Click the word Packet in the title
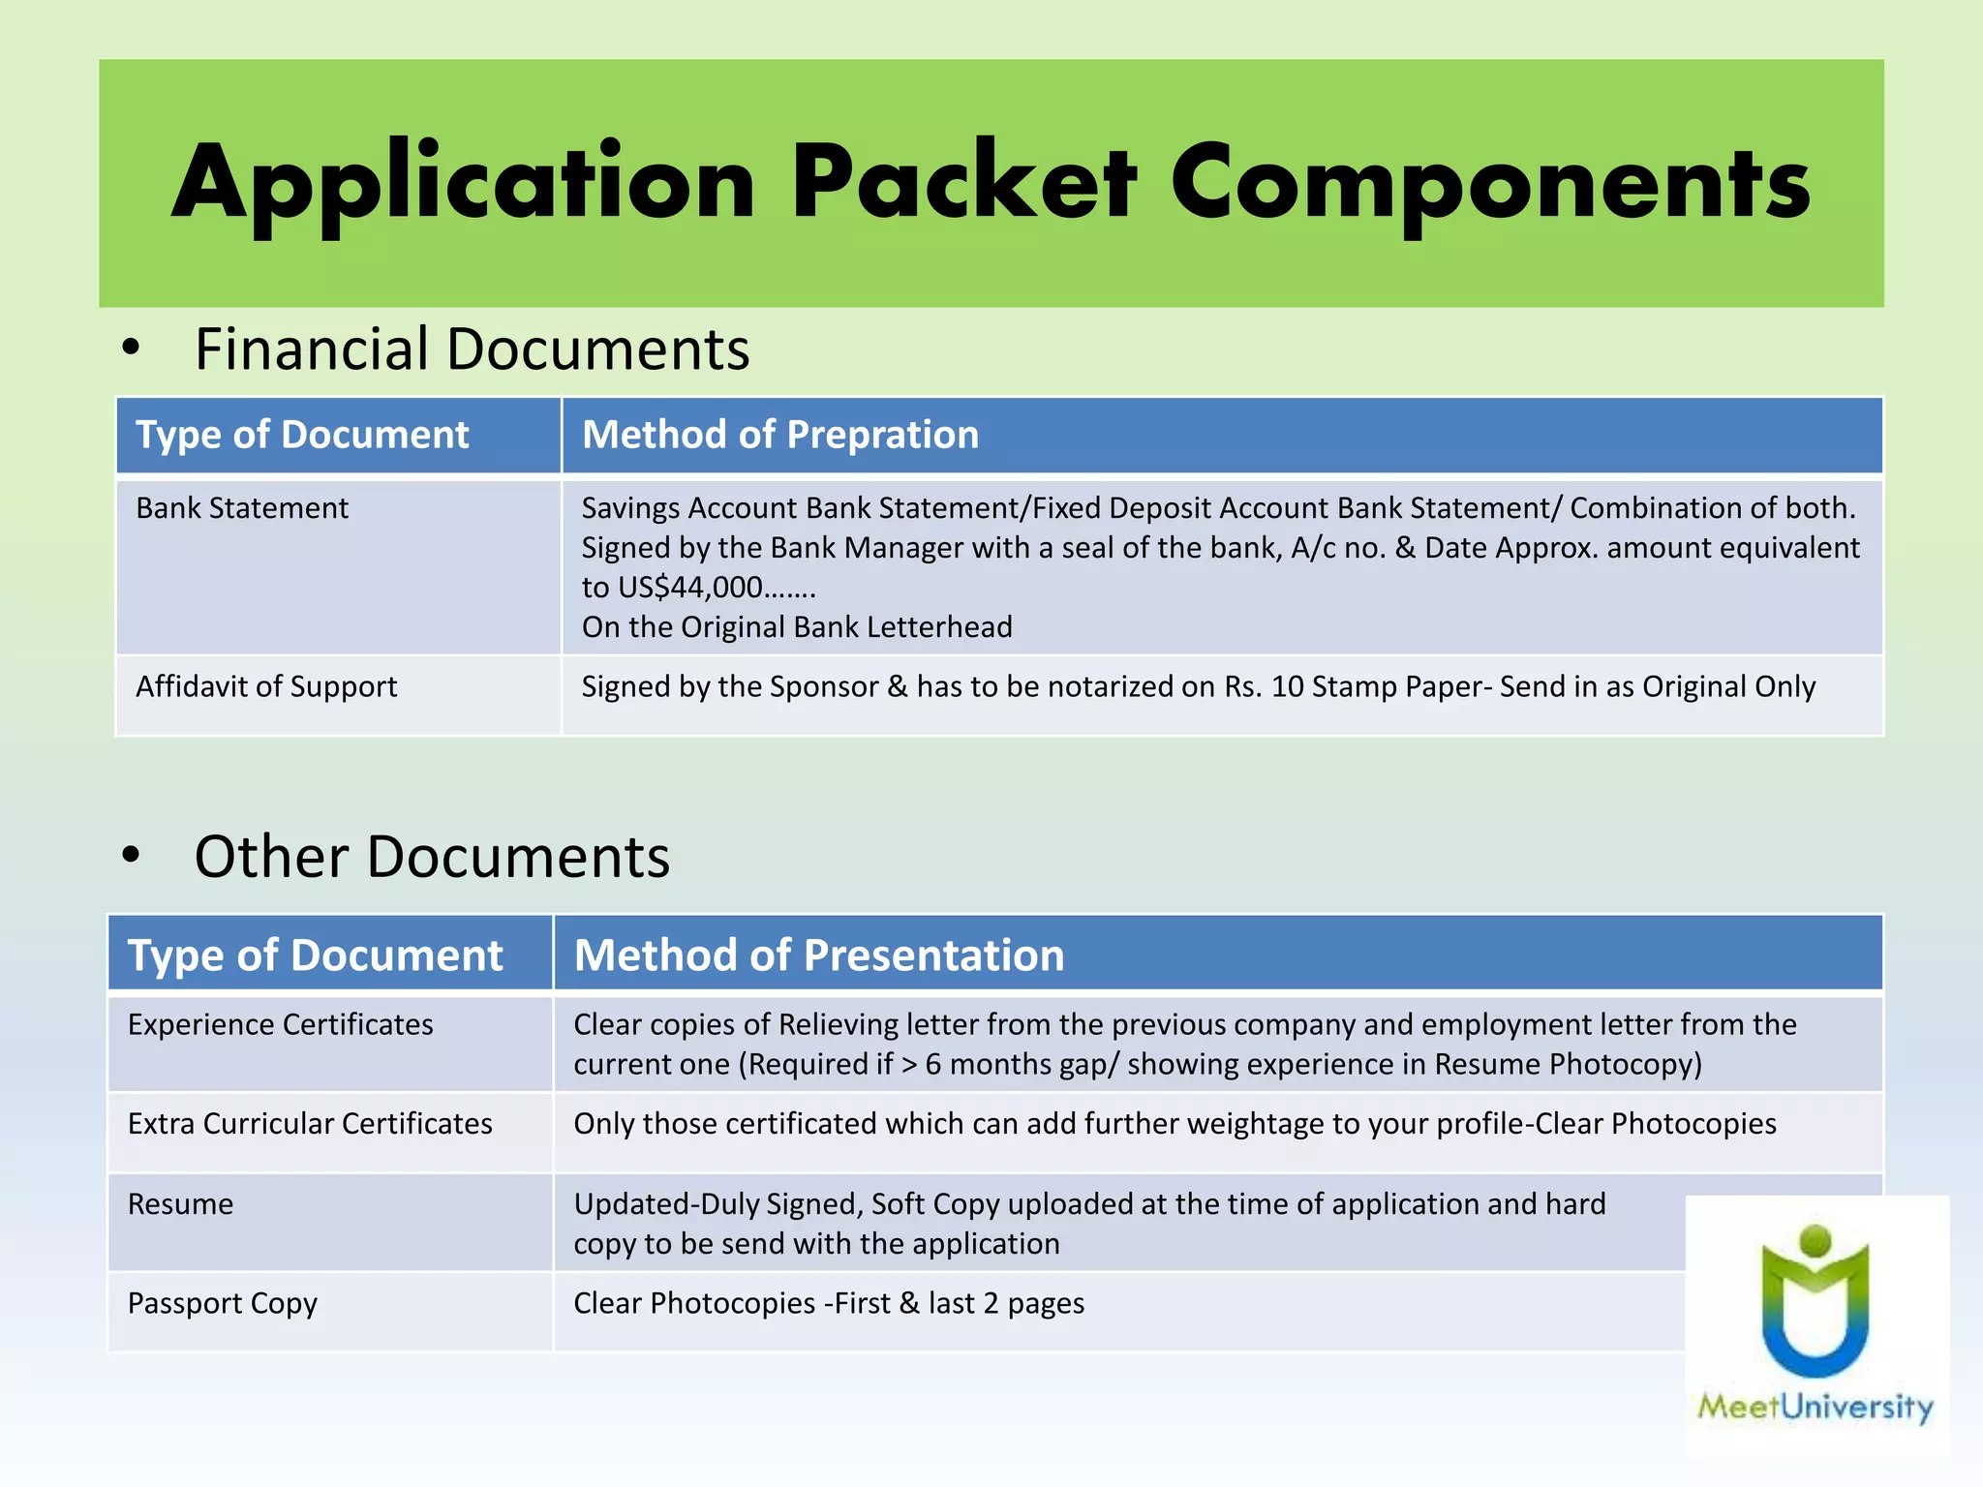[x=963, y=182]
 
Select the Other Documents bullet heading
[x=432, y=857]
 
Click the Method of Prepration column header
[x=780, y=435]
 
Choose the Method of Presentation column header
[x=819, y=956]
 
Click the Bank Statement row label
[x=242, y=508]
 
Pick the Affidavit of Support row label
[x=266, y=686]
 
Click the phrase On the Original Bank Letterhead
[x=797, y=627]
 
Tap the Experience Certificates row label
[x=281, y=1024]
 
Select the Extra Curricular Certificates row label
[x=310, y=1123]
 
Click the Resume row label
[x=181, y=1204]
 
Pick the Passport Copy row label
[x=223, y=1303]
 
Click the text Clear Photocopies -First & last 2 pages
[x=829, y=1303]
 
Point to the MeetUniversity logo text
[x=1815, y=1407]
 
